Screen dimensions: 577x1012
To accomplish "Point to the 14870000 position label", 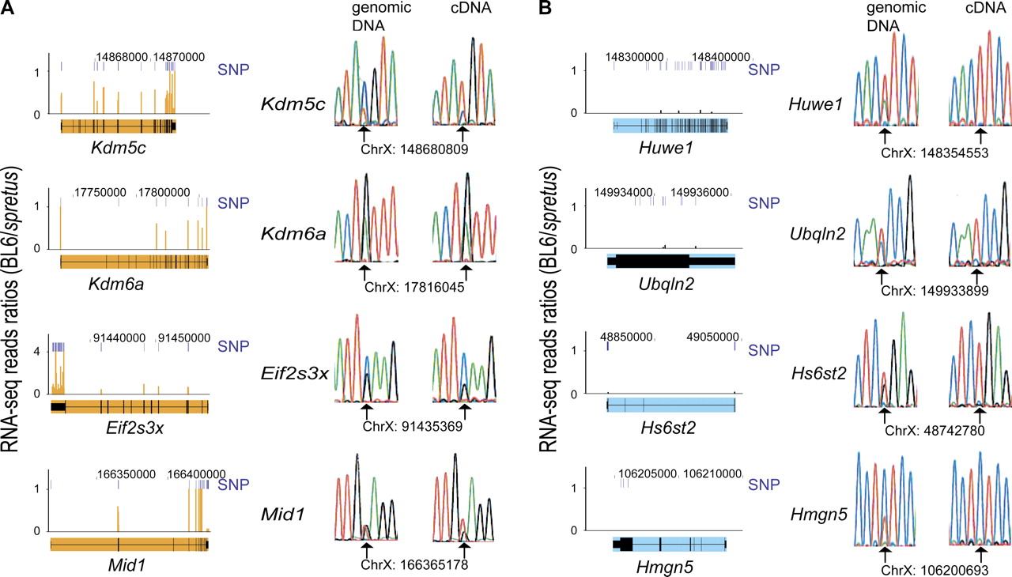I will click(179, 57).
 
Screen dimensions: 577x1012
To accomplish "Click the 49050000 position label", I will click(708, 335).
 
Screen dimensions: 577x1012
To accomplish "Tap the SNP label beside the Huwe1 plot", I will click(764, 70).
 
